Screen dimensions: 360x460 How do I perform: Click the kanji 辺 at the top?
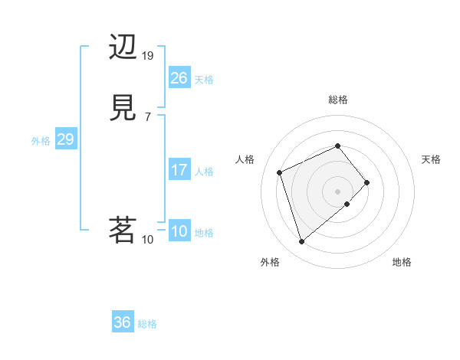coord(123,47)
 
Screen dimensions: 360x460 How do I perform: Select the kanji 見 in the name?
coord(123,109)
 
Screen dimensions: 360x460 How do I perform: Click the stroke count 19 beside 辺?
coord(148,56)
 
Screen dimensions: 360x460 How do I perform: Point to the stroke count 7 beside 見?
coord(147,117)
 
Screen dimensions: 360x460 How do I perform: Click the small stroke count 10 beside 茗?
coord(148,239)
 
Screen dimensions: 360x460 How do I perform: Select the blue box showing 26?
coord(179,77)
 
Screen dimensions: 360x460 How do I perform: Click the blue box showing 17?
coord(179,170)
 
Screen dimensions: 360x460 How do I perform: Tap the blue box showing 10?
coord(179,231)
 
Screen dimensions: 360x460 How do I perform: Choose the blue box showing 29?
coord(65,139)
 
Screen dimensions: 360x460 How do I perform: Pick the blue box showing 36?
coord(123,322)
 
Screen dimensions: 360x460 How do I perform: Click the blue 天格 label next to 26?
coord(204,80)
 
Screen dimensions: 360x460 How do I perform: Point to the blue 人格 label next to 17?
coord(204,172)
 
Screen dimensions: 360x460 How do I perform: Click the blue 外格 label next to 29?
coord(41,141)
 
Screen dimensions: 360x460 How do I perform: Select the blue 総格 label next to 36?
coord(147,324)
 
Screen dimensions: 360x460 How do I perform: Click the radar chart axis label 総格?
coord(338,100)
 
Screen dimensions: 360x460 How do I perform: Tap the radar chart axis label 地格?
coord(402,263)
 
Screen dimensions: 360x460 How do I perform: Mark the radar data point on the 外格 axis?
coord(302,242)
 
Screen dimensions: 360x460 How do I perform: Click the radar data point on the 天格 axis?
coord(367,182)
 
